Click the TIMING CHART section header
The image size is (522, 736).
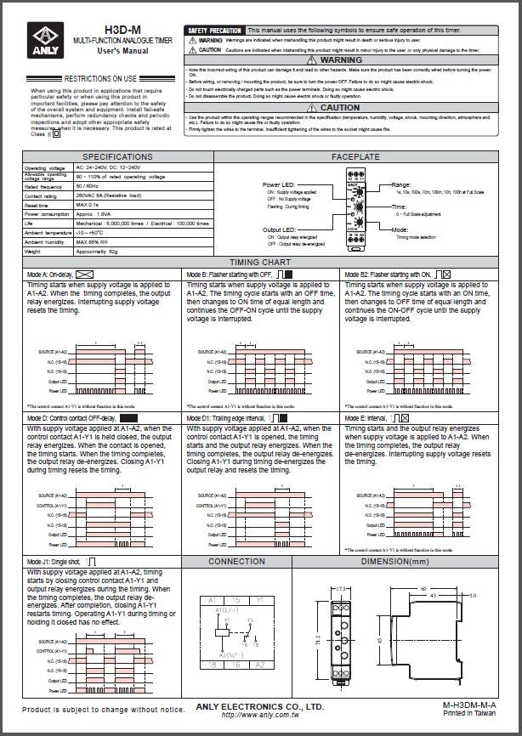click(x=260, y=263)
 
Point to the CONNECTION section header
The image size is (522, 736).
click(x=236, y=562)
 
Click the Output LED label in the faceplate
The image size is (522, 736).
click(x=280, y=229)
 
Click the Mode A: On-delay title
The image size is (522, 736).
click(x=49, y=275)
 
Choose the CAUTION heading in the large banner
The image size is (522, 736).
click(x=340, y=108)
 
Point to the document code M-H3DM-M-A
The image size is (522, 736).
click(x=469, y=706)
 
